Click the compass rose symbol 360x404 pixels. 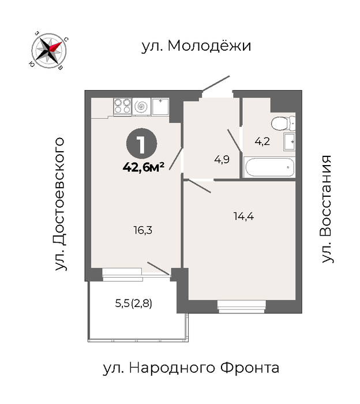(49, 51)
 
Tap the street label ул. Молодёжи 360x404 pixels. (197, 46)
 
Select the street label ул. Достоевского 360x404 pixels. (59, 204)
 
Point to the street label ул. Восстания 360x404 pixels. (327, 209)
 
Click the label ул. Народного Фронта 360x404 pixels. (191, 368)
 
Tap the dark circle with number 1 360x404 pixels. (141, 144)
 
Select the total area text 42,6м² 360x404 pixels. (144, 168)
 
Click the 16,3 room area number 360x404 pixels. (143, 230)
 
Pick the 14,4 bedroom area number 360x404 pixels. (243, 216)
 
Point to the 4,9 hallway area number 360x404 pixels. (222, 160)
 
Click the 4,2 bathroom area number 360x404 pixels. (262, 141)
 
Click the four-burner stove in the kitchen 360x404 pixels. (122, 106)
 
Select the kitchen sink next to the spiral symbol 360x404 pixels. (160, 106)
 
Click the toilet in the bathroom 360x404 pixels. (283, 123)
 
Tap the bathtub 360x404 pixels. (269, 167)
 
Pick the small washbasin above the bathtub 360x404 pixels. (290, 141)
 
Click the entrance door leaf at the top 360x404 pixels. (216, 83)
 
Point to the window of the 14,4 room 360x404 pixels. (241, 306)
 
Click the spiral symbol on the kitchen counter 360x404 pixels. (141, 106)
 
